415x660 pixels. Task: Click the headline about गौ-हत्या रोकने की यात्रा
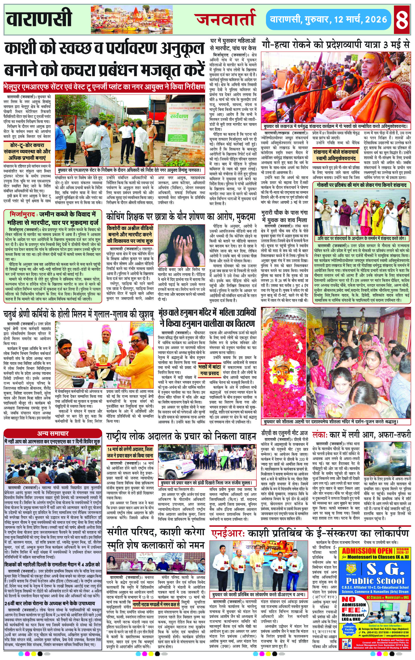(x=336, y=45)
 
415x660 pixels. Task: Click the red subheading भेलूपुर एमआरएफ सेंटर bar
(x=104, y=87)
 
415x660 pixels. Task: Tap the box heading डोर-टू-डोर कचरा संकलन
(x=27, y=151)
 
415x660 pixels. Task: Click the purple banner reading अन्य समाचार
(x=53, y=433)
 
